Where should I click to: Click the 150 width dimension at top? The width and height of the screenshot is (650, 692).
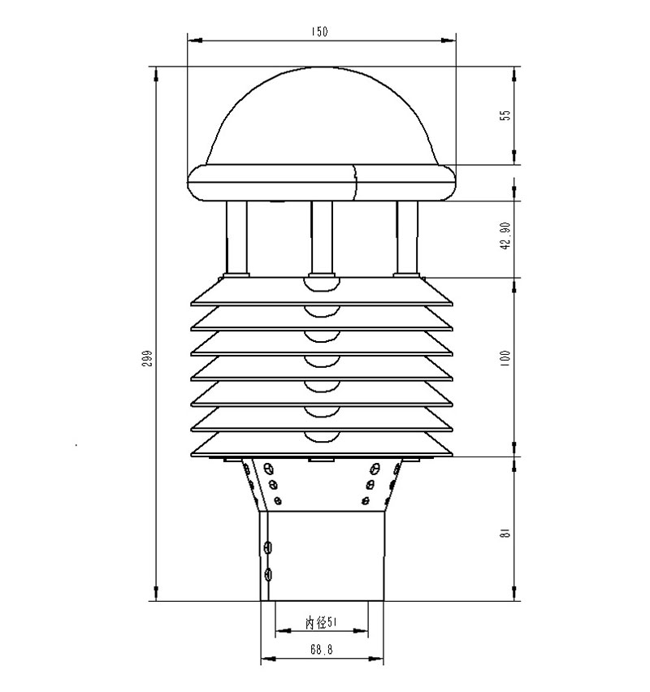point(318,31)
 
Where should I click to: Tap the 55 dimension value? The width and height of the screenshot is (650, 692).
point(505,115)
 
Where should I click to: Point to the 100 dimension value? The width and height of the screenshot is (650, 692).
point(505,357)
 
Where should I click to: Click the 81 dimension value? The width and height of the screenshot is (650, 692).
point(505,533)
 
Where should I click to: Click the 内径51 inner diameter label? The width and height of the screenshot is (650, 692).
point(322,622)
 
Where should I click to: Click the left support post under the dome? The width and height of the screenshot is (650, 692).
point(237,237)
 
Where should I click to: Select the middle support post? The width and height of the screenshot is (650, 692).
point(322,237)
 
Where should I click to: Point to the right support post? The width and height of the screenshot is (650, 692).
point(407,237)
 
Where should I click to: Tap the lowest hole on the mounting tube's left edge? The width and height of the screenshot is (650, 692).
point(269,576)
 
